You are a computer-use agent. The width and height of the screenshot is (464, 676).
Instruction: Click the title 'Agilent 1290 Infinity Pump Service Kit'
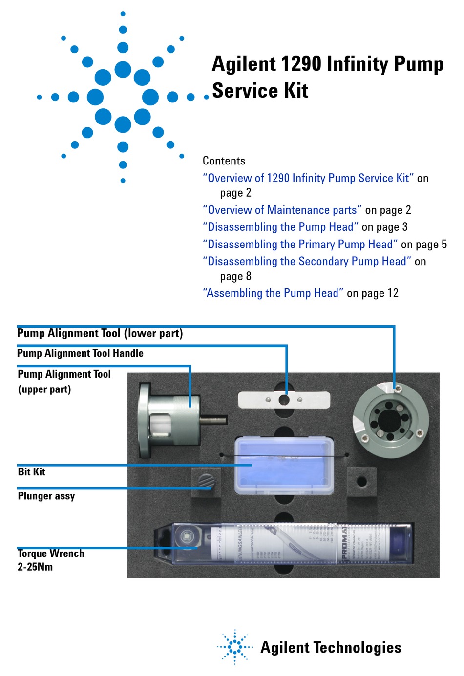(327, 77)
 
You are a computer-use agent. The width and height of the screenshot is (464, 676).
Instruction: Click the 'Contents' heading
(224, 161)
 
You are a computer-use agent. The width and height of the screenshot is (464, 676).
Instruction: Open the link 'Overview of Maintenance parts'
(282, 210)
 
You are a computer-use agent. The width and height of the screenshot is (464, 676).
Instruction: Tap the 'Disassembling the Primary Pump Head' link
(300, 244)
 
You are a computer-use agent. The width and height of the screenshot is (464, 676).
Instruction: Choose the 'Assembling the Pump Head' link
(273, 293)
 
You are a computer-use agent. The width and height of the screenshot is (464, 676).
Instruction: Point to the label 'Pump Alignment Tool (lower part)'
(100, 333)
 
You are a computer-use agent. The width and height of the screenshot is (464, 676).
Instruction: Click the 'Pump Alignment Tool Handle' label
(80, 353)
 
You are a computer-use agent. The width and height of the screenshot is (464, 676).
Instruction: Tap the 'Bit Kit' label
(31, 472)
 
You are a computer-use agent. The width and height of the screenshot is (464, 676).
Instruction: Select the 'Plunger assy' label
(46, 496)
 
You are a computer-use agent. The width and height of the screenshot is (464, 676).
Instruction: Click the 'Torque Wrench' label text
(51, 553)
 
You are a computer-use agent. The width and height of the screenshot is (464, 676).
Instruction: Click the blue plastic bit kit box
(284, 466)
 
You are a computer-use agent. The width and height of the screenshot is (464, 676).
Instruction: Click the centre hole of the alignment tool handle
(284, 400)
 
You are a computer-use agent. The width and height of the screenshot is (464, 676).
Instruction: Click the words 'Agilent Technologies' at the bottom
(331, 648)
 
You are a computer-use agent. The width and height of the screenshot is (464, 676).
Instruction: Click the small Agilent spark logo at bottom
(235, 647)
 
